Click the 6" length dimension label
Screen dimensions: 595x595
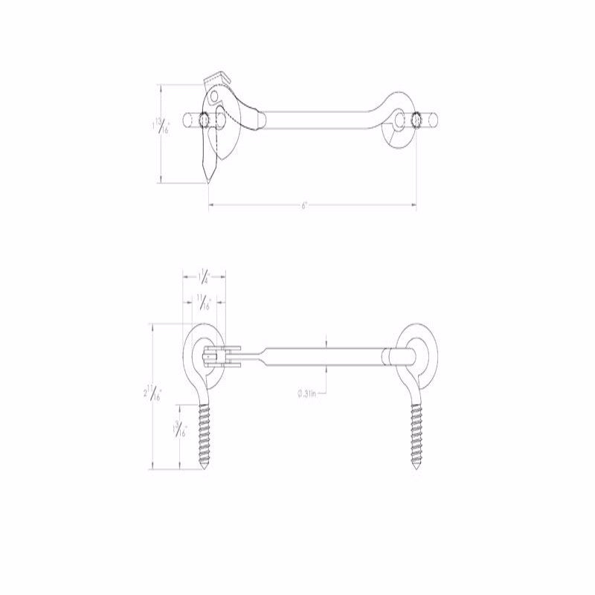[x=305, y=205]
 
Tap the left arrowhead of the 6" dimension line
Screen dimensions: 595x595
[x=210, y=204]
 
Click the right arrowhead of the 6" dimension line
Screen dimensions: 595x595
[x=414, y=204]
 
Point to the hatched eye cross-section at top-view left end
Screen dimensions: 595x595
[x=204, y=119]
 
